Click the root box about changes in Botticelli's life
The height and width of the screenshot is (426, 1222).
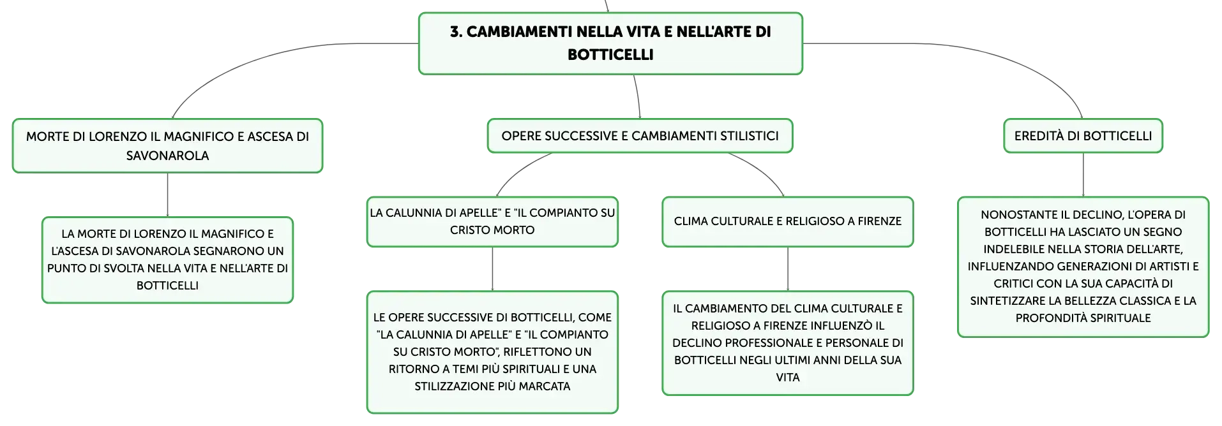(x=610, y=43)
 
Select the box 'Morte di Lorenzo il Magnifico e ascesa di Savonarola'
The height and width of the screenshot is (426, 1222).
(x=167, y=145)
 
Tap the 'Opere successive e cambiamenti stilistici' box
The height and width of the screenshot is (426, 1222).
(x=640, y=136)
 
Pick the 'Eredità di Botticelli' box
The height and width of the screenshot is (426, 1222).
(x=1083, y=136)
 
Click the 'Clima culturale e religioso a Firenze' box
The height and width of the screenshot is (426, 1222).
(x=788, y=221)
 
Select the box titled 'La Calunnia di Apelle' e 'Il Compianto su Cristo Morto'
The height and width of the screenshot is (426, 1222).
(x=492, y=221)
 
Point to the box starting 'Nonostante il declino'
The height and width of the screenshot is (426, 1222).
(x=1083, y=267)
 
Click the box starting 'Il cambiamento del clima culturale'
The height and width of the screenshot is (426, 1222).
(x=788, y=343)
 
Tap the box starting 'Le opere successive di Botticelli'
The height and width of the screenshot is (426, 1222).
(x=492, y=352)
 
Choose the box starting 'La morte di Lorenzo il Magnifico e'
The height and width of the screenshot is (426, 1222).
(x=167, y=260)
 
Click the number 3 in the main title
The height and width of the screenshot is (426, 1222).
(x=455, y=32)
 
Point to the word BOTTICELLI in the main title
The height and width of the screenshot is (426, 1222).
(x=610, y=55)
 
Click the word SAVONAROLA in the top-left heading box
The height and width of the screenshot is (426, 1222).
(x=167, y=156)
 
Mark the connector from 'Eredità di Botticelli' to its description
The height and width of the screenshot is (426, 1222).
(x=1083, y=175)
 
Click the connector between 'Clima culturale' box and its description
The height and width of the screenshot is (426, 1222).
(x=788, y=269)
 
